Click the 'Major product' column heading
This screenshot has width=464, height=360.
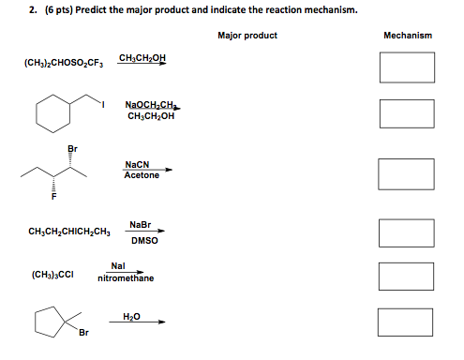click(x=247, y=36)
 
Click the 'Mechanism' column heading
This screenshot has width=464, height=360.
click(x=408, y=36)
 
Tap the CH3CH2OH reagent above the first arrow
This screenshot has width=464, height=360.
click(x=143, y=58)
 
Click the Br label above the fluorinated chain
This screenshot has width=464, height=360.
click(x=72, y=149)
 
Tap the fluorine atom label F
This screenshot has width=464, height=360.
click(x=53, y=198)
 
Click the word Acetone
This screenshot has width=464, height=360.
click(x=142, y=175)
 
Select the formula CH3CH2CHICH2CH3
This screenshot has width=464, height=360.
click(x=69, y=232)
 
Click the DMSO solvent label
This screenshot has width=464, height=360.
click(x=144, y=241)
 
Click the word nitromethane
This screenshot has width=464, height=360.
click(x=125, y=278)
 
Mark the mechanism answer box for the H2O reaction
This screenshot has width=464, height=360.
click(x=407, y=322)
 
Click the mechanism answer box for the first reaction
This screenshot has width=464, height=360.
click(x=407, y=67)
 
